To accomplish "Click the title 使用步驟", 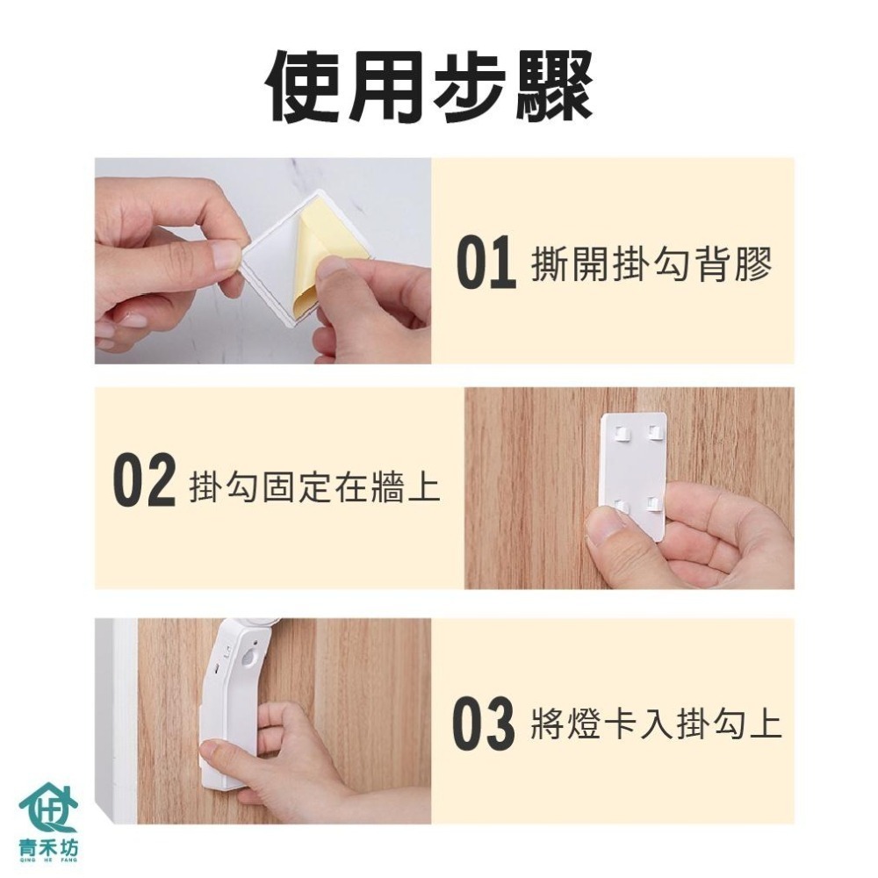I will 430,88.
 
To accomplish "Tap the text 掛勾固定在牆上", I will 314,486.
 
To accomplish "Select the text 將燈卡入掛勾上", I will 656,725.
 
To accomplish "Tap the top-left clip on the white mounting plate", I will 620,434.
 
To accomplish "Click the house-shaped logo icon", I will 48,805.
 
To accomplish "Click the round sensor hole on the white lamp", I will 252,656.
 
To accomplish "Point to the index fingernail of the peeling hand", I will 226,255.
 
